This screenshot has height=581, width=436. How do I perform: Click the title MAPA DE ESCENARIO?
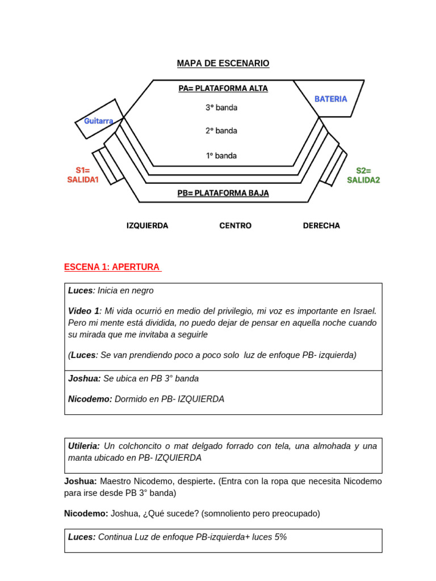coord(223,64)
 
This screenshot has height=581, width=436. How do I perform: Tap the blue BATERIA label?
coord(330,99)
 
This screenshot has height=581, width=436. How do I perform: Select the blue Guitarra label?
coord(99,121)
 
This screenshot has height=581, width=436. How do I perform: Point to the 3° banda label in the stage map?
coord(221,107)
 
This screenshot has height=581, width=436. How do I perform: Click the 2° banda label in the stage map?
coord(221,130)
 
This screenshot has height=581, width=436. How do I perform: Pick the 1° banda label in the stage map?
coord(221,155)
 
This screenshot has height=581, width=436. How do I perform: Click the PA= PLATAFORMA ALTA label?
coord(223,89)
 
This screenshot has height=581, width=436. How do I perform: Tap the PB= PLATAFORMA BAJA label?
coord(223,193)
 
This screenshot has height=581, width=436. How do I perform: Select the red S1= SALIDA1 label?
coord(83,175)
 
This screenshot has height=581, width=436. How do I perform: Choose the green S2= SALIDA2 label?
coord(363,175)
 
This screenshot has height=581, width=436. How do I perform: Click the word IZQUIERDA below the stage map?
coord(147,225)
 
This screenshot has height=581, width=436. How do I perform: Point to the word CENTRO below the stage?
coord(235,225)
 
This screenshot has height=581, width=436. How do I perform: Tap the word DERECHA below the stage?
coord(321,225)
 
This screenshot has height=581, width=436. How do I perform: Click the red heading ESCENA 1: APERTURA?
coord(112,267)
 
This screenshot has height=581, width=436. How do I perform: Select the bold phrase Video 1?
coord(84,311)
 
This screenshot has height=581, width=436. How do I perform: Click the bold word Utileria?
coord(84,446)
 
